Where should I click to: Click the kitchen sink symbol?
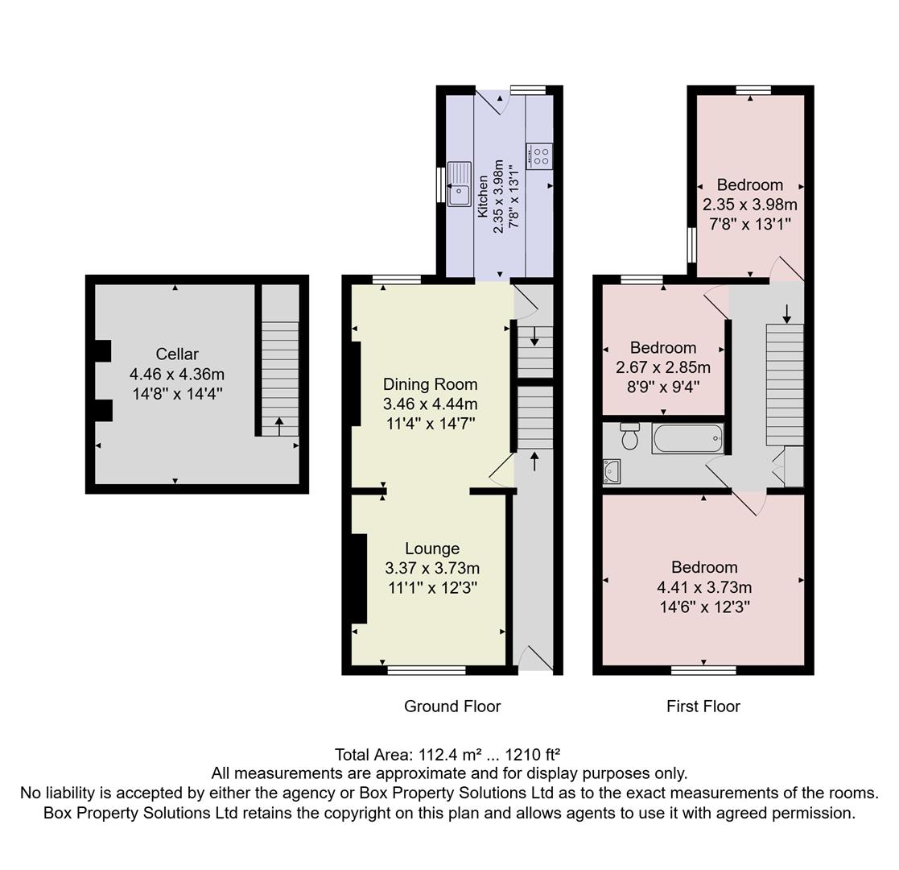[x=459, y=184]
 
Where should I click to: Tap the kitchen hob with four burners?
[x=538, y=155]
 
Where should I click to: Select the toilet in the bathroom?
[x=630, y=437]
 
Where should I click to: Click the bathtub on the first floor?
[x=687, y=439]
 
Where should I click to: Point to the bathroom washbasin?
[x=612, y=471]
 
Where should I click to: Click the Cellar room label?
[x=177, y=354]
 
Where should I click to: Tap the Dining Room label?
[x=430, y=384]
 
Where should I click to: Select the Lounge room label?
[x=432, y=549]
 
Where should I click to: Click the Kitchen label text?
[x=483, y=197]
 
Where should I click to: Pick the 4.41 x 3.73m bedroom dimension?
[x=704, y=587]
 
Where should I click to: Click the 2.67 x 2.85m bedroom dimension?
[x=663, y=367]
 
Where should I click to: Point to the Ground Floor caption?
[x=452, y=706]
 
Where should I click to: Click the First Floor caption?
[x=703, y=706]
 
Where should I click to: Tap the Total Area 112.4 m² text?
[x=447, y=755]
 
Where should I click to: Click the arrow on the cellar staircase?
[x=279, y=425]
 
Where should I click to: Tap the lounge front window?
[x=427, y=669]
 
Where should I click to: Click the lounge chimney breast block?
[x=359, y=578]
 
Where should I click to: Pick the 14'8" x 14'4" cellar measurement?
[x=177, y=394]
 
